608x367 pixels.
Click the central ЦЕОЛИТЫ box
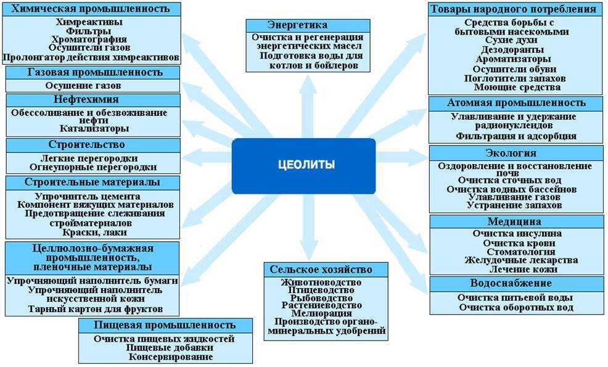point(303,165)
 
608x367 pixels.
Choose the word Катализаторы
point(94,129)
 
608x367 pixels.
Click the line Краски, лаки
point(94,232)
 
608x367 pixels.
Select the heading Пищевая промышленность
point(165,325)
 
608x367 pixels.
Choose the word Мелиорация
point(322,313)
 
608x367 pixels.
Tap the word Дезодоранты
point(514,49)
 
